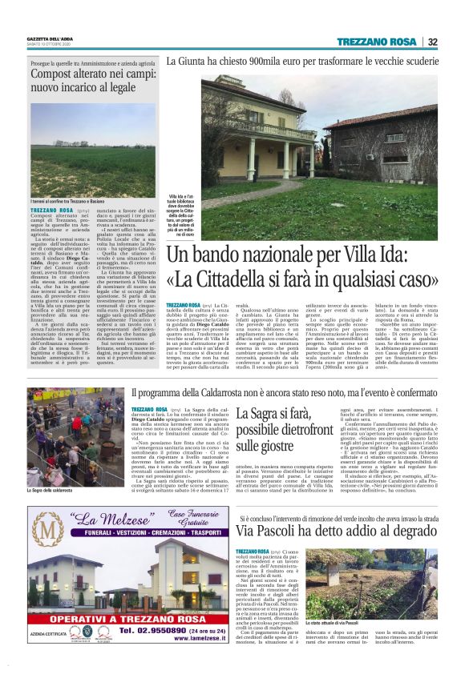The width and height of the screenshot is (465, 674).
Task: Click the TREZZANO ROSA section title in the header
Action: [376, 42]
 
